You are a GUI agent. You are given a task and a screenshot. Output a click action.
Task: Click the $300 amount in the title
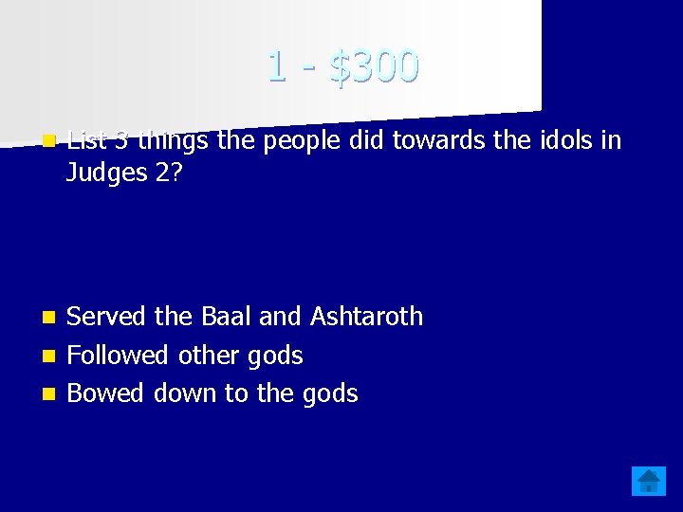tap(373, 67)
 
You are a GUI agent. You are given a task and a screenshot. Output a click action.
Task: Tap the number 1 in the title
tap(276, 66)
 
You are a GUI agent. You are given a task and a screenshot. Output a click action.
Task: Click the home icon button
tap(650, 481)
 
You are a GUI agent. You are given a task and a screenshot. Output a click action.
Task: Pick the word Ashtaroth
tap(367, 317)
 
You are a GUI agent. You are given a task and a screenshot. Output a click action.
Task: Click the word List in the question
tap(88, 141)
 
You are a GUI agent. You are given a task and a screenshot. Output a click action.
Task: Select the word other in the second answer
tap(209, 356)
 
